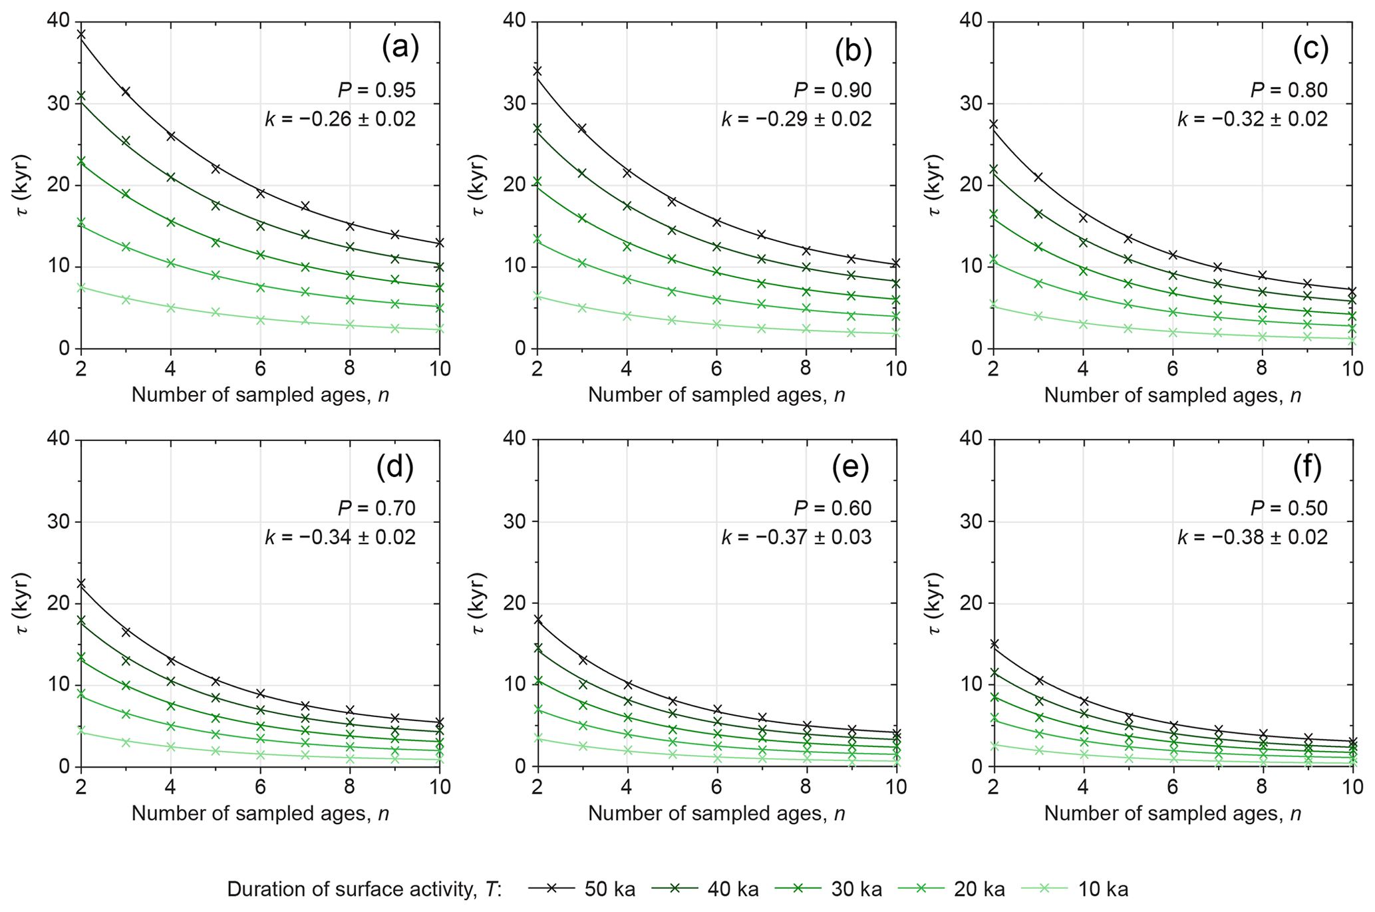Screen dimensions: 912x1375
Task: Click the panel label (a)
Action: (400, 49)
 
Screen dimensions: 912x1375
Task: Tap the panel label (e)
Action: (851, 467)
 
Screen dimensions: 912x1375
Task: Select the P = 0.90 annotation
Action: (832, 90)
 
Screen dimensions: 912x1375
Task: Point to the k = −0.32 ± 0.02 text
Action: (1253, 120)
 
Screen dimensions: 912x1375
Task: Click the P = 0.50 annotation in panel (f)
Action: (1289, 508)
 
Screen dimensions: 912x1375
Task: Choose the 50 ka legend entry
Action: (582, 889)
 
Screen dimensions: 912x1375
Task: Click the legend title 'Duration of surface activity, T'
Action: (365, 889)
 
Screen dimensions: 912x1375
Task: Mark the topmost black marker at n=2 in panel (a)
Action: (81, 34)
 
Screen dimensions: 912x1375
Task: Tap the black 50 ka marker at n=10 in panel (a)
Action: (440, 243)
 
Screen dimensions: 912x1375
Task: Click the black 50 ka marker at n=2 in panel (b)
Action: (537, 71)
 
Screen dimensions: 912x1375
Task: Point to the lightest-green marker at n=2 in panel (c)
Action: (994, 304)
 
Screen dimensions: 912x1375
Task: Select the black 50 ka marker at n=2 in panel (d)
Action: (81, 583)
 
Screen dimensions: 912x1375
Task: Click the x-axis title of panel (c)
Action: (1172, 396)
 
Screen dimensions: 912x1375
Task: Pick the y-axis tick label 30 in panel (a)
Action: (59, 104)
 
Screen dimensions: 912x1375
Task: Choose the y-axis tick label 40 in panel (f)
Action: (971, 439)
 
